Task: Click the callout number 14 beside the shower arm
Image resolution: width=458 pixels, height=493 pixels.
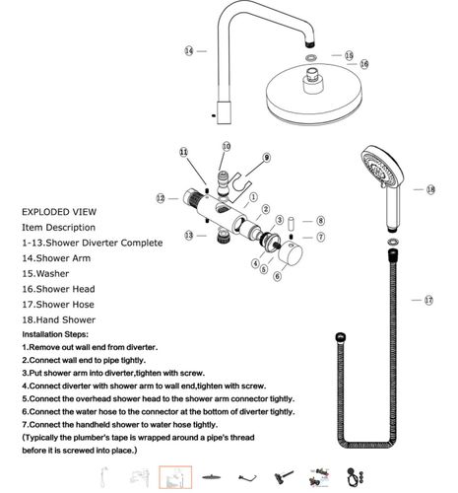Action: (x=188, y=50)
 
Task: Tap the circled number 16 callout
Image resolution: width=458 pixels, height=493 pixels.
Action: (x=363, y=64)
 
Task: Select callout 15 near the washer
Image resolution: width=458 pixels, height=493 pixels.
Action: (x=348, y=55)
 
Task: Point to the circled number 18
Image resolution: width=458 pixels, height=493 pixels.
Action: (x=430, y=188)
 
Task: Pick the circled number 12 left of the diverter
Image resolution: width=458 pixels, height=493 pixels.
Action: (x=160, y=198)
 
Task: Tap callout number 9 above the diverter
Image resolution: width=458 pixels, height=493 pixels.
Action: (x=265, y=158)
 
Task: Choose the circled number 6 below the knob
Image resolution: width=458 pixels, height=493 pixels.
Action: (x=278, y=277)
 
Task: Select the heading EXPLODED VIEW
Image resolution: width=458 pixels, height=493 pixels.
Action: (x=59, y=211)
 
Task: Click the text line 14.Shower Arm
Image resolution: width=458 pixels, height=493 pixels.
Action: (x=61, y=258)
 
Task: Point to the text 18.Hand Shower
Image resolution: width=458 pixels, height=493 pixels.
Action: (x=67, y=320)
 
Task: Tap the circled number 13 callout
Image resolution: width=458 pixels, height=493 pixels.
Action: (x=188, y=235)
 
